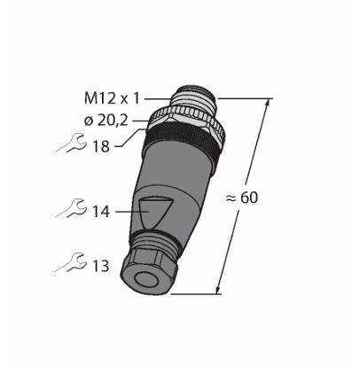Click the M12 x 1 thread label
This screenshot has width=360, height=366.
pos(112,98)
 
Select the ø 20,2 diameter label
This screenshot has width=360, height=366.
pos(106,121)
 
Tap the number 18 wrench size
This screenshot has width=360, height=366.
pos(101,146)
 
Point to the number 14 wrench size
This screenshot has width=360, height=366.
pos(101,212)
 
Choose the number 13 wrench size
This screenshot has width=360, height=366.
pos(101,266)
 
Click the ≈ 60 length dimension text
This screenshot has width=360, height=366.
pos(242,198)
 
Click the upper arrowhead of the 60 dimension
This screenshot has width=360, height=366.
pos(267,102)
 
